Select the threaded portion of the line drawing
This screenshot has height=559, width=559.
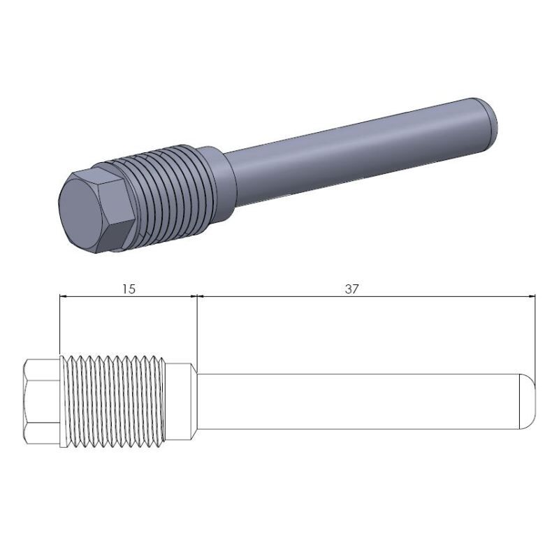115,401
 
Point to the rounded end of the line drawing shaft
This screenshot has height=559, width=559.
528,401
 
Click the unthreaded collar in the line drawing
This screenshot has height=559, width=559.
180,401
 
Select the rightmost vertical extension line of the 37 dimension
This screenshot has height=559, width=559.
535,335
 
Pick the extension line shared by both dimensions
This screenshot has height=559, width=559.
196,328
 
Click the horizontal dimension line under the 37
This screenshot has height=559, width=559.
363,297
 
